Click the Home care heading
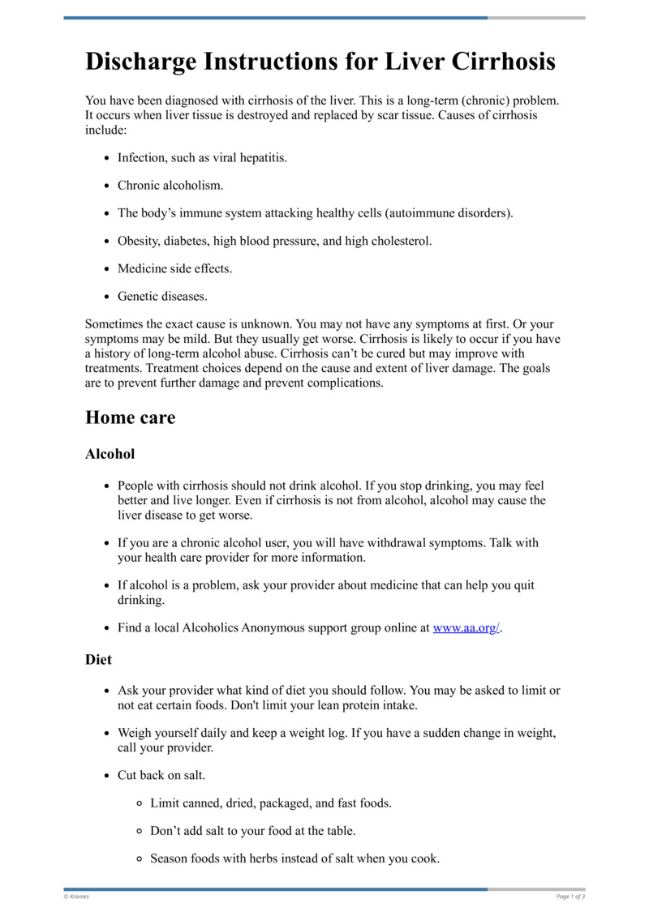pos(130,418)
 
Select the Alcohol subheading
pos(110,454)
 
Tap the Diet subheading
pos(98,660)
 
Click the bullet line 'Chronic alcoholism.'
pos(170,186)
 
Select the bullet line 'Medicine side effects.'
pos(174,268)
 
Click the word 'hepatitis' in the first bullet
pos(261,158)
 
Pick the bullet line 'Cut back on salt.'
pos(161,775)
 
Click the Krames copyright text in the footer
pos(76,897)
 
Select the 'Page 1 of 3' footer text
pos(570,897)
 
